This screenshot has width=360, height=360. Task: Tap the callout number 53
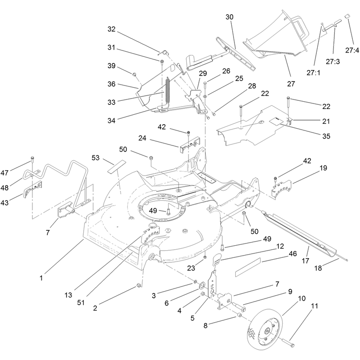coord(95,158)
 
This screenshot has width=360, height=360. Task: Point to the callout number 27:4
coord(352,50)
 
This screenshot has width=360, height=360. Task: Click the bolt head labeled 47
coord(32,158)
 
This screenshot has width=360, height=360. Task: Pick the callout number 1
coord(41,278)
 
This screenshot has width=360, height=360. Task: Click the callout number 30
coord(229,17)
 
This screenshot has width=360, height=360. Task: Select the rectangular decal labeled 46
coord(248,267)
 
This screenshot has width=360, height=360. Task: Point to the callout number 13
coord(68,295)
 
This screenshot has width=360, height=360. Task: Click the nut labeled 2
coord(139,285)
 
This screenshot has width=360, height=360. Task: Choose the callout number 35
coord(326,136)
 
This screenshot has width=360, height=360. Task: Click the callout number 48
coord(4,188)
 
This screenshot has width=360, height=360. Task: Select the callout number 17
coord(306,261)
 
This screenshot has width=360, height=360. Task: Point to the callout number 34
coord(111,120)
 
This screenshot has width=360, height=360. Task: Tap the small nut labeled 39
coord(135,74)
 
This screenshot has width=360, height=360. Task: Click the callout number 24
coord(142,138)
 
